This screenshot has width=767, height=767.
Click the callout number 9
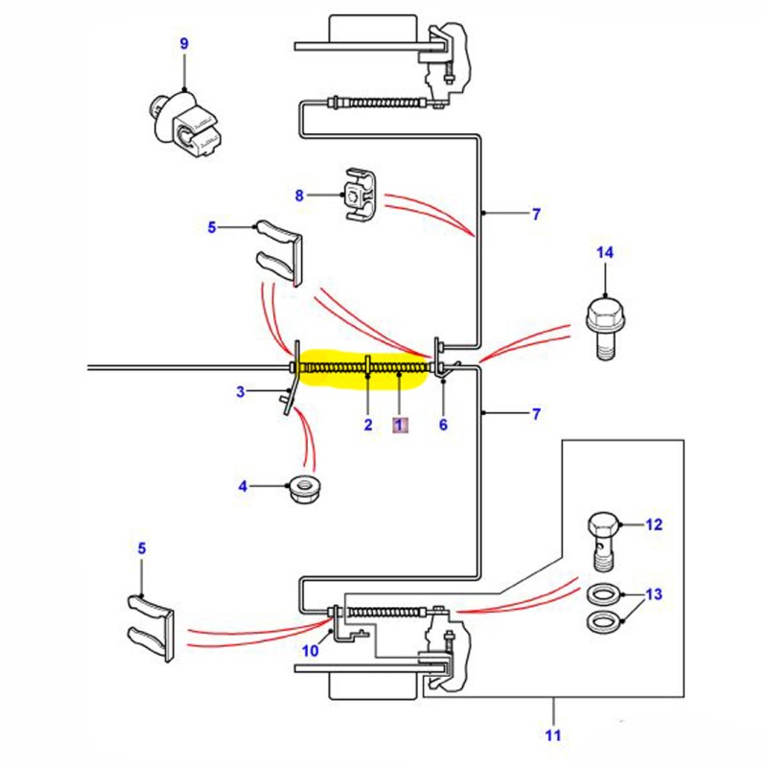184,44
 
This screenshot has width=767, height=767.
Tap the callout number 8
299,196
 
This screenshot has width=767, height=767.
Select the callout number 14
604,253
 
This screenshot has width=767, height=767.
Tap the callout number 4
244,487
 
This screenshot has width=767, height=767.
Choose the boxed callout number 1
401,424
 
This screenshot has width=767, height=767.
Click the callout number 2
366,424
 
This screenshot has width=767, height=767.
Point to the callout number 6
443,424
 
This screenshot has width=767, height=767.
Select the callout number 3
242,391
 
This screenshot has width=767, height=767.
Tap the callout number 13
653,594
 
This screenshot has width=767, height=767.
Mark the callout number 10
310,650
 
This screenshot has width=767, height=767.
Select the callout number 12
653,525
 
